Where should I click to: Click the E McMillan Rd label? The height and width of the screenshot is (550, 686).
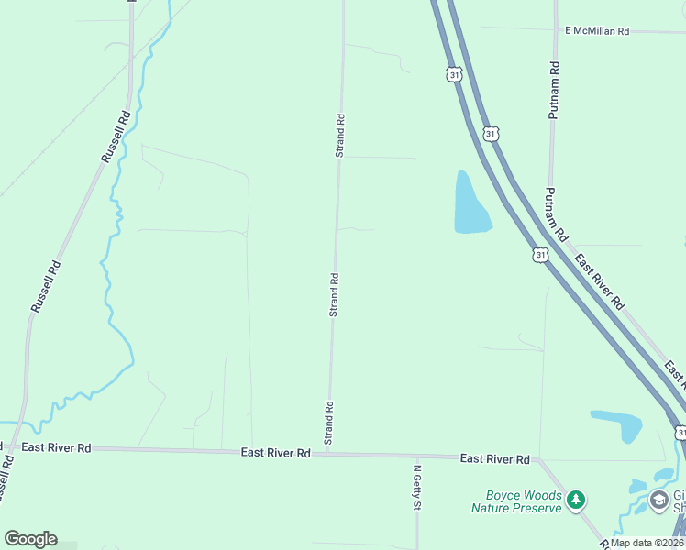(x=597, y=31)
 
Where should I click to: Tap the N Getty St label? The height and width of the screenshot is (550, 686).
(x=416, y=487)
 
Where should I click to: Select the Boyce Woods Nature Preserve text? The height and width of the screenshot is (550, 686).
(x=516, y=501)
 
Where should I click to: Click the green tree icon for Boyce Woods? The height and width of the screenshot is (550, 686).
(x=576, y=500)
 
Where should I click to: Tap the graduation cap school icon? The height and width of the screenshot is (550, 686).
(x=658, y=500)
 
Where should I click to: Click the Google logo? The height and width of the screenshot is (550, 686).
(x=30, y=539)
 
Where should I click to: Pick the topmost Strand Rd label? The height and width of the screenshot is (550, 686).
(x=339, y=135)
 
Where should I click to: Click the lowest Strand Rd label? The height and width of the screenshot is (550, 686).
(x=327, y=423)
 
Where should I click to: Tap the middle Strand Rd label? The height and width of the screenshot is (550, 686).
(x=335, y=294)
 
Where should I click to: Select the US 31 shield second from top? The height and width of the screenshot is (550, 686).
(x=492, y=134)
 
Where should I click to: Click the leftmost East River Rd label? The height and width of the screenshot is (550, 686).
(x=57, y=447)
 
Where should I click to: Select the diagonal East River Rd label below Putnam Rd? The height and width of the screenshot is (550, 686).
(x=599, y=280)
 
